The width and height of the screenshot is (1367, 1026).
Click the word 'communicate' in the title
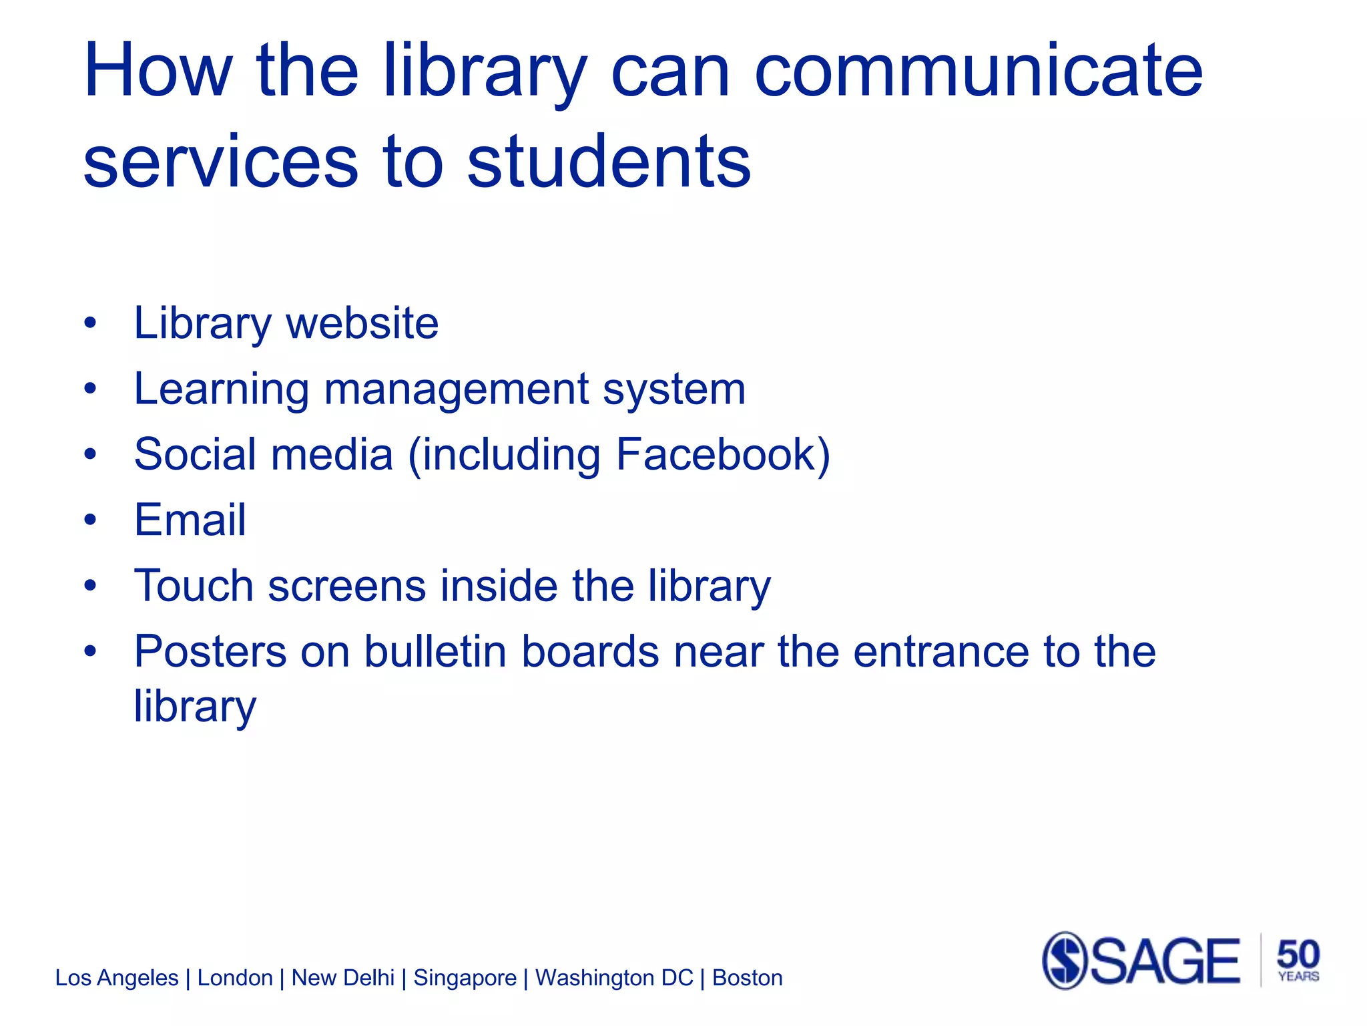tap(978, 71)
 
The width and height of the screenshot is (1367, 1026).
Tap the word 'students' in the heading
tap(609, 162)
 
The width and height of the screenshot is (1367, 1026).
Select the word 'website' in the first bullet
tap(362, 323)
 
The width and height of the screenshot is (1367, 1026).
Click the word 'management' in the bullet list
tap(457, 390)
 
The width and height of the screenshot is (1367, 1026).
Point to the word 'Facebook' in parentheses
tap(714, 455)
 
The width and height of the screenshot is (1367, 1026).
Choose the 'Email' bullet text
tap(190, 520)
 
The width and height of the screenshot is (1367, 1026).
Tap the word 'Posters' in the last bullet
tap(210, 651)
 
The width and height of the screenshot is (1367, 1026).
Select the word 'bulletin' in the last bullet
tap(435, 651)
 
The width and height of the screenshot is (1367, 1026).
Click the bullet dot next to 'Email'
tap(91, 520)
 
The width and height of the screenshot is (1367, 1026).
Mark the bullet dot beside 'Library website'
tap(91, 324)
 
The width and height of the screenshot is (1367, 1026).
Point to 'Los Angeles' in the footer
tap(117, 978)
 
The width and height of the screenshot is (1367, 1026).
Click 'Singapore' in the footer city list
tap(465, 978)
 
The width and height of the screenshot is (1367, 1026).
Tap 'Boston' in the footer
tap(747, 978)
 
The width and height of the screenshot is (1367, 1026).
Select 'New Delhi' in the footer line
tap(343, 978)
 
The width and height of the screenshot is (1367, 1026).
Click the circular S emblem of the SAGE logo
tap(1065, 961)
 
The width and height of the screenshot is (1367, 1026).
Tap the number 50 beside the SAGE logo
tap(1298, 954)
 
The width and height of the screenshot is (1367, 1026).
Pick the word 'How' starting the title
tap(158, 71)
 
